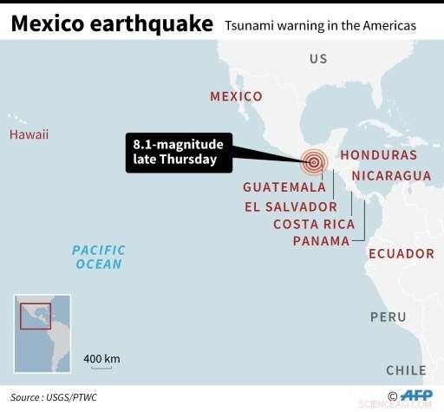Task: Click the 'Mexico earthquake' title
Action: (x=112, y=23)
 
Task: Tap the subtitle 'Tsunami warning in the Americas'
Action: (x=320, y=26)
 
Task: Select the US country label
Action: (x=318, y=59)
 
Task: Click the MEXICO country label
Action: (x=236, y=96)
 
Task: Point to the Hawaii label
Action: (x=29, y=134)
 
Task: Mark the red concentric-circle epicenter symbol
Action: (x=314, y=160)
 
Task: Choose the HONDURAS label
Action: (x=378, y=154)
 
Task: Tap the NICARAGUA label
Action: (x=391, y=175)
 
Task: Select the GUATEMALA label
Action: (x=284, y=186)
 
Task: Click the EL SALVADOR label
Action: (x=291, y=206)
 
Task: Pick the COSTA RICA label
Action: (x=314, y=224)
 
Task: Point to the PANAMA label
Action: (x=321, y=240)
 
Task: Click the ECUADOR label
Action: (x=401, y=253)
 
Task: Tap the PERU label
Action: (x=388, y=317)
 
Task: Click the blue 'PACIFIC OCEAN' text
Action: (x=99, y=257)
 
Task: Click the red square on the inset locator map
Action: (x=35, y=315)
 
